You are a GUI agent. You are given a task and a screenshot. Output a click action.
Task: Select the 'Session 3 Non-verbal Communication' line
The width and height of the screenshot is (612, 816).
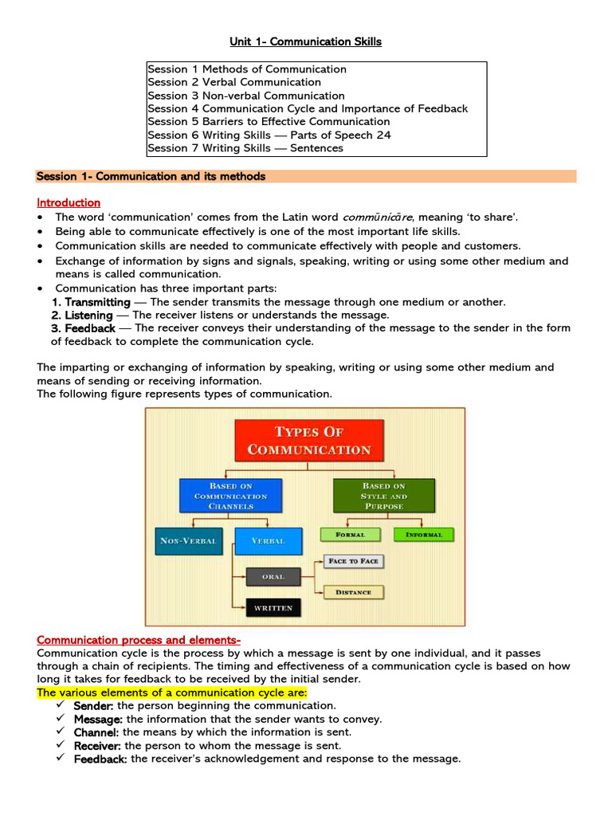point(245,96)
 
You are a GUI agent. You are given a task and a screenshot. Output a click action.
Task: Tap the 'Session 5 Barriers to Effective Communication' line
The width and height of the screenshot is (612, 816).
point(269,122)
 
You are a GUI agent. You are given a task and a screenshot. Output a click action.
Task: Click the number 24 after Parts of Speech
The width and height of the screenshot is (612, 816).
point(383,135)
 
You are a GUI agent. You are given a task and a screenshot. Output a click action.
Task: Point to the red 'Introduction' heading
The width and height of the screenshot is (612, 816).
point(69,202)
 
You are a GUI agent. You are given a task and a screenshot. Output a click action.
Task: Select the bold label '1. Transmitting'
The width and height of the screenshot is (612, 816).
point(91,302)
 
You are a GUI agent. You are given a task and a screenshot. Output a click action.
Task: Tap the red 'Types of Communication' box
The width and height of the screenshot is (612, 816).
point(309,441)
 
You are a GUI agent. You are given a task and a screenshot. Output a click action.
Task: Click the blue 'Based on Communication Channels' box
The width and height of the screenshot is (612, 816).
point(230,496)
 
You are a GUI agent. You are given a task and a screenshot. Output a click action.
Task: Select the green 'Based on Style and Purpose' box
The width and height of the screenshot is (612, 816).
point(383,496)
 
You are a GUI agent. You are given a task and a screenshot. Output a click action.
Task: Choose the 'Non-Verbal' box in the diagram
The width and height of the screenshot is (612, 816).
point(188,541)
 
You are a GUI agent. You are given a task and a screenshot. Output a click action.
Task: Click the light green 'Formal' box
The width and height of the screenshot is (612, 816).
point(351,535)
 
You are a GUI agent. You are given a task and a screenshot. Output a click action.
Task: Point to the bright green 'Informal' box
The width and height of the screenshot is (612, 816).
point(423,535)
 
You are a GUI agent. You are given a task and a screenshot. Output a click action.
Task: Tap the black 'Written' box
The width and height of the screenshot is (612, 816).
point(273,608)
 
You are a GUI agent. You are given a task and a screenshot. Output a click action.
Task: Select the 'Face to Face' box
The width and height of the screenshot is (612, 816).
point(353,561)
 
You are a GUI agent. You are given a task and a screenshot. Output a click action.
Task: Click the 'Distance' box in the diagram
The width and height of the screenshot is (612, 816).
point(353,592)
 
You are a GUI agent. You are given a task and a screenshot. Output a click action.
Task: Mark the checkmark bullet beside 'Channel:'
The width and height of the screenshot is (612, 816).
point(61,732)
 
